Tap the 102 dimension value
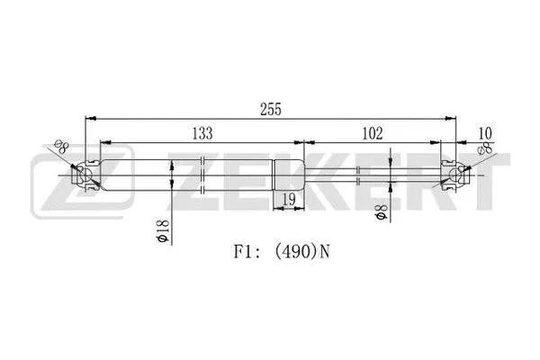372,133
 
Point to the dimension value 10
485,133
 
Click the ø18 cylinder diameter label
162,234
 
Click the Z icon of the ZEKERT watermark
56,180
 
